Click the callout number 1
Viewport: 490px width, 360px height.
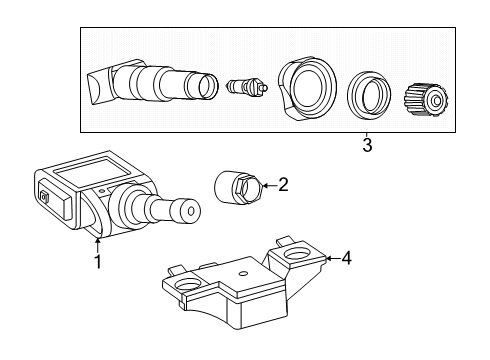click(98, 262)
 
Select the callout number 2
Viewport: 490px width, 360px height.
click(283, 185)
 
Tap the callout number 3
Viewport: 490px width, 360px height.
click(367, 145)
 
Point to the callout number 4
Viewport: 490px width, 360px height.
click(346, 258)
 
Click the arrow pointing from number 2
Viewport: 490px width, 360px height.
click(269, 185)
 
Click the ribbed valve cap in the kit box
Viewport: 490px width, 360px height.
click(426, 100)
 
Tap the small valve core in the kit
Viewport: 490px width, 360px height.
click(247, 86)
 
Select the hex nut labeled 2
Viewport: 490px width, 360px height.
click(239, 187)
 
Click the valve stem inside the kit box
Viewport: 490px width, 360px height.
click(152, 83)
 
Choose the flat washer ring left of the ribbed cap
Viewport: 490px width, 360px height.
click(368, 95)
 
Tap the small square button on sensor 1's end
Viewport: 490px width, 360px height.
click(44, 198)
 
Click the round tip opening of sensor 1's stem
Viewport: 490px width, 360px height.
click(191, 211)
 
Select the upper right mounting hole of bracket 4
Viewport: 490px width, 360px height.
click(297, 254)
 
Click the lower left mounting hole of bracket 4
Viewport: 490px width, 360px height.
click(188, 285)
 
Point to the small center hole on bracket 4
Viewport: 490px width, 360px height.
click(244, 274)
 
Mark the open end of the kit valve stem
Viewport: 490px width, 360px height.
click(209, 86)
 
